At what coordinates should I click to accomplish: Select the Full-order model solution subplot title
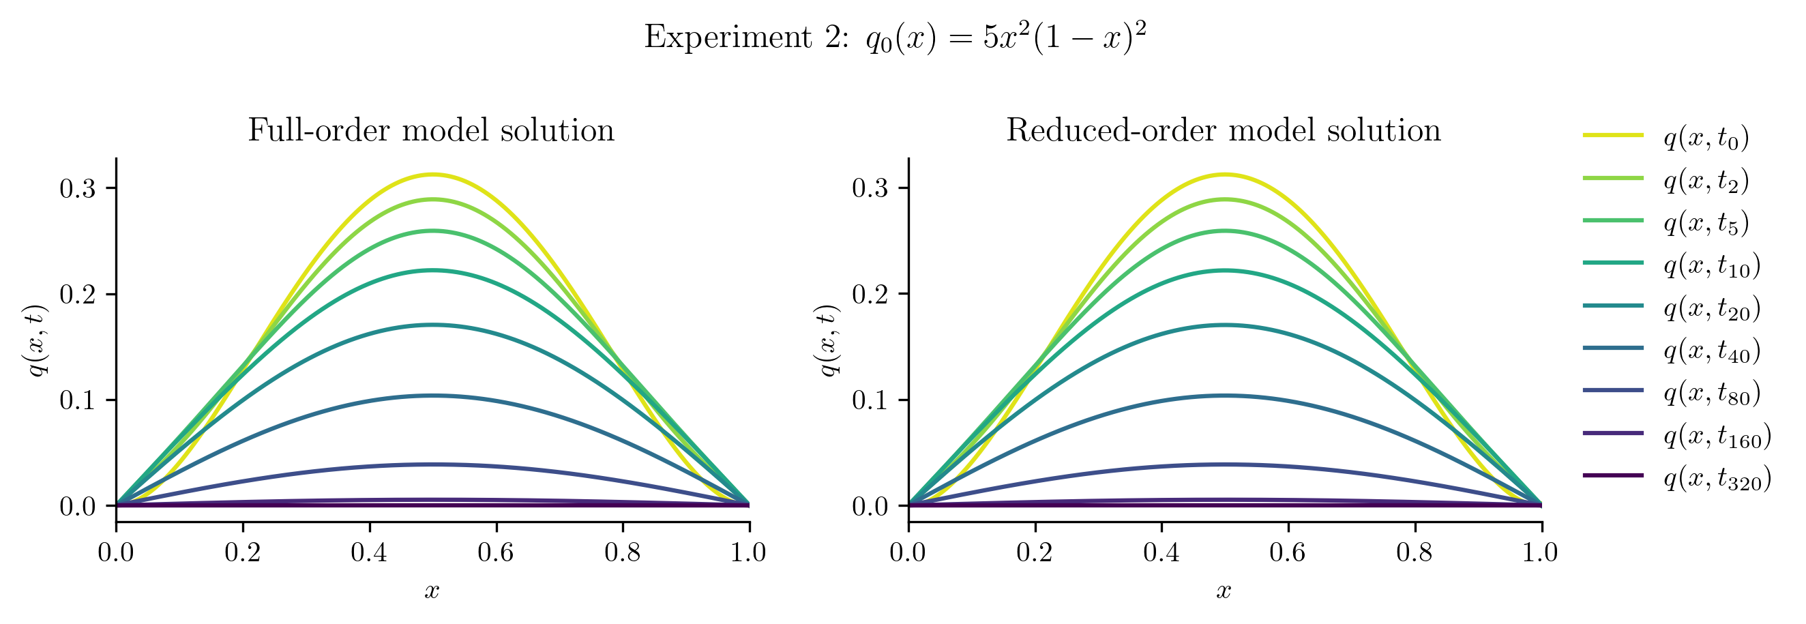[431, 131]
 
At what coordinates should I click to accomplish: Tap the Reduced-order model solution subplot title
[1224, 131]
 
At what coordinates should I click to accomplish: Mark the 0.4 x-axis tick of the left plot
[369, 552]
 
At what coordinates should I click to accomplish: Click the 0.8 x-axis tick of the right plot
[1414, 552]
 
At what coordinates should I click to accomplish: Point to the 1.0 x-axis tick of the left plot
[749, 552]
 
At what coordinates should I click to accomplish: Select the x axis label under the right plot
[1224, 591]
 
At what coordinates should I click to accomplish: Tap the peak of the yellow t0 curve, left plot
[432, 174]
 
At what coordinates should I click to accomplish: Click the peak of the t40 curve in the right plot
[1225, 396]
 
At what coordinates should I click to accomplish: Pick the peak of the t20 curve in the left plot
[432, 325]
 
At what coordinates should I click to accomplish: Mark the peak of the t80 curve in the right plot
[1225, 464]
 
